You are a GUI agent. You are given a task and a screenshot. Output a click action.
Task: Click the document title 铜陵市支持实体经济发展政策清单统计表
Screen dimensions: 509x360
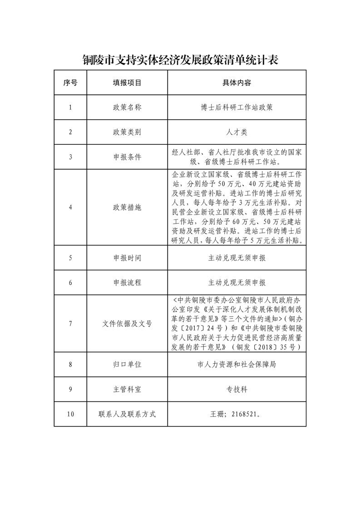[x=180, y=60]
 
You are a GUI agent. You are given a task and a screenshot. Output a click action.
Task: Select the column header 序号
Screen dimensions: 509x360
[x=70, y=83]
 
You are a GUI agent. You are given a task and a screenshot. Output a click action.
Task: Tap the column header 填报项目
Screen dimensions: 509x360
[x=127, y=83]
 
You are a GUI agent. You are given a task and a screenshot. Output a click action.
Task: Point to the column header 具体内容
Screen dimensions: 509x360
[x=237, y=83]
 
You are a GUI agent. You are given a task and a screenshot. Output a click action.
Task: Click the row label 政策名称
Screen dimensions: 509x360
[x=127, y=108]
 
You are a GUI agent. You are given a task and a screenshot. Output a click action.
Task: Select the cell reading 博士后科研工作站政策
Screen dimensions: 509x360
[x=237, y=108]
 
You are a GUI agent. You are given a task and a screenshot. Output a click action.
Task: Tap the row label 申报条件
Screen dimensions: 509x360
[x=127, y=157]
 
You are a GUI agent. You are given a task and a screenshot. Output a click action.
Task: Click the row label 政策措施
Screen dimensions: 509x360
[x=127, y=207]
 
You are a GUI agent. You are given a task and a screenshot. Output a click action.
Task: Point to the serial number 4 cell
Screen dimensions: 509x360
[x=70, y=207]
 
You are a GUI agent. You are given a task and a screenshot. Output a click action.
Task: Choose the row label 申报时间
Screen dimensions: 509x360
[x=127, y=258]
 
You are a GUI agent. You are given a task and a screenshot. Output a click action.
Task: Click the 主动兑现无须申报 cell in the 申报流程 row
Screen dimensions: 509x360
[x=237, y=282]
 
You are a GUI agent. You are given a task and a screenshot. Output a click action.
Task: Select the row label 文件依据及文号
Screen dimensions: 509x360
[x=127, y=324]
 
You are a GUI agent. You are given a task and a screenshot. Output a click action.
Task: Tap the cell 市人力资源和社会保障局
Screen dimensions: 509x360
[x=237, y=364]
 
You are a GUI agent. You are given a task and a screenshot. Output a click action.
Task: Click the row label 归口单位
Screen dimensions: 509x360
[x=127, y=364]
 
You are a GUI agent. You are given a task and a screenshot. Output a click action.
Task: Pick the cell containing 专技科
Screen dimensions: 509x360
[x=237, y=389]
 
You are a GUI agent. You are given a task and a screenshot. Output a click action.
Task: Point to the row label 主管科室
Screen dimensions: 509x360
[x=127, y=389]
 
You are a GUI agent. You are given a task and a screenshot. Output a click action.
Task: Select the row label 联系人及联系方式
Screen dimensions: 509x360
[x=127, y=414]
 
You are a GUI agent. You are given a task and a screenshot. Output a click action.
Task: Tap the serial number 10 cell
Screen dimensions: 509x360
[x=70, y=414]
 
